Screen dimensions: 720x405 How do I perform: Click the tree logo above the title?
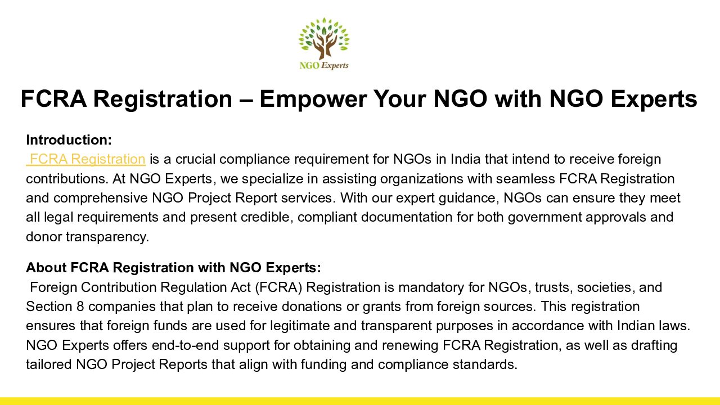click(324, 39)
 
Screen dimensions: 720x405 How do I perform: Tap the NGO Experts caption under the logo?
click(324, 66)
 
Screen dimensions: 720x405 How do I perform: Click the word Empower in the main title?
click(313, 99)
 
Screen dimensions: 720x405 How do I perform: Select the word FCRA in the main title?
click(53, 98)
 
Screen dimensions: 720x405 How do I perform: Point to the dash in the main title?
click(246, 100)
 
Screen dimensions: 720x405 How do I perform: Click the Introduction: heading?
click(69, 140)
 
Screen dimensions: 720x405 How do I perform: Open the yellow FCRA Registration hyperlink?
click(86, 159)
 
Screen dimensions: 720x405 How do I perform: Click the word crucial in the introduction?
click(195, 159)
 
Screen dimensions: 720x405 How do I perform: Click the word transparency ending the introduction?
click(107, 237)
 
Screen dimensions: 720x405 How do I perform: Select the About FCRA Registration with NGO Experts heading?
click(174, 267)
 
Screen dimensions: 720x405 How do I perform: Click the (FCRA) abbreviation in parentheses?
click(278, 287)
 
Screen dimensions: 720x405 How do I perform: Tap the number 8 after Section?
click(80, 307)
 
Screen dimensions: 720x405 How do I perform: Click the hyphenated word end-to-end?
click(186, 345)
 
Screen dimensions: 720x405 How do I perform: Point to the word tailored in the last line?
click(49, 364)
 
